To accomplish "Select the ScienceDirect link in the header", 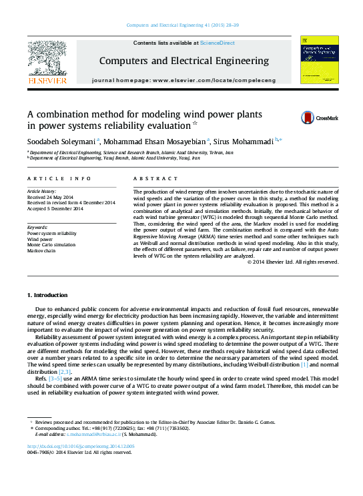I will [218, 43].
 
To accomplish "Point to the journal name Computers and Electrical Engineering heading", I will [184, 61].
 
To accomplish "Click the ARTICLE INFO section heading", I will [59, 178].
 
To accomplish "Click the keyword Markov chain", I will [41, 250].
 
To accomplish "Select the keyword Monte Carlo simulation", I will [52, 244].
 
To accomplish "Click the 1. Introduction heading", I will [47, 294].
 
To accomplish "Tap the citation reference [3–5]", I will [56, 379].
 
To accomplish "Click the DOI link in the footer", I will [81, 446].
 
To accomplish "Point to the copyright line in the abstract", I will [292, 262].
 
